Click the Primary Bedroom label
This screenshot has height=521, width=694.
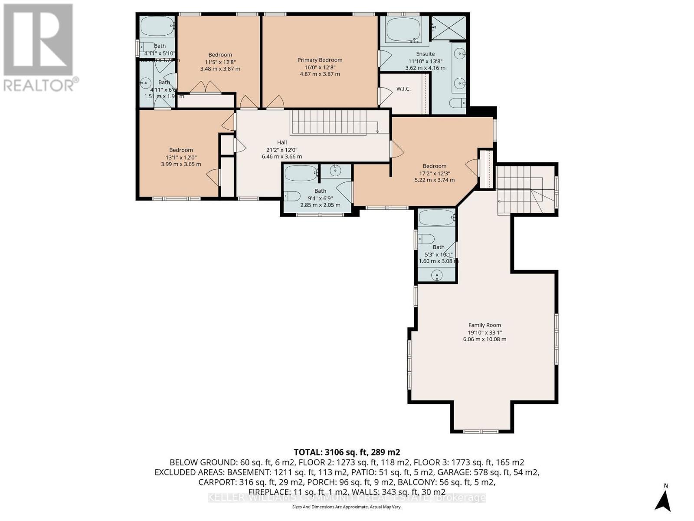coord(320,60)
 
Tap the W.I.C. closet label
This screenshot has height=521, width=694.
coord(403,89)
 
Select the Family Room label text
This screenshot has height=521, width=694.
coord(484,325)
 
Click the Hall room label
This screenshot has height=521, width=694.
coord(282,142)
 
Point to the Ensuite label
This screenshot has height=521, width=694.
coord(425,54)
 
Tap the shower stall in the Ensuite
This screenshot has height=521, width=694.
coord(448,27)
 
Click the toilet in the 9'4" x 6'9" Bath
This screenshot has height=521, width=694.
coord(292,196)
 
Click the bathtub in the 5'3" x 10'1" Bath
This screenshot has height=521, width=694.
coord(436,218)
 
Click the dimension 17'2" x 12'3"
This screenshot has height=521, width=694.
coord(435,173)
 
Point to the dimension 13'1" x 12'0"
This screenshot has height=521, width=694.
coord(181,157)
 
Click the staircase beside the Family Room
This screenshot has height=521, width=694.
coord(525,190)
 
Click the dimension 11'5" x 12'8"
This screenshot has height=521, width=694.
coord(220,62)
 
